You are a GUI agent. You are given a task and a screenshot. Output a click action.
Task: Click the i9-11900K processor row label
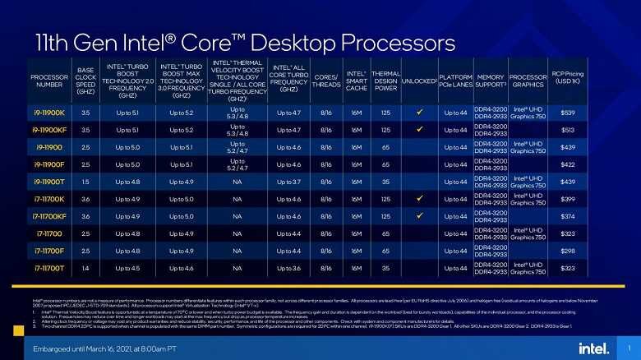49,113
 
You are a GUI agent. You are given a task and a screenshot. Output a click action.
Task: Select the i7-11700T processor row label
49,268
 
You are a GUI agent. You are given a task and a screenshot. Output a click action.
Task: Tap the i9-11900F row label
49,164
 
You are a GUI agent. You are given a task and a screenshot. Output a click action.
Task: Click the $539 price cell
567,113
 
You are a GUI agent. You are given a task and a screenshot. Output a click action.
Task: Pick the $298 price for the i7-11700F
567,251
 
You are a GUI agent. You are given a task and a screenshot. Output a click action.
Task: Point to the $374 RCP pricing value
567,216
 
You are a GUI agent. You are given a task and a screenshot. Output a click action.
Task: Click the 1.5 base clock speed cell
86,182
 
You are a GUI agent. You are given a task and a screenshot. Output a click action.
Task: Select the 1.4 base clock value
86,268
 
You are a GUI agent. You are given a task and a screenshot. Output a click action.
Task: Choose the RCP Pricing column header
567,77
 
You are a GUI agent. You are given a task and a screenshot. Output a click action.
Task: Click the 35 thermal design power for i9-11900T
385,182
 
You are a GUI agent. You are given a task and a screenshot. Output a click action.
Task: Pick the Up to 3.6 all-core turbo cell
285,268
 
